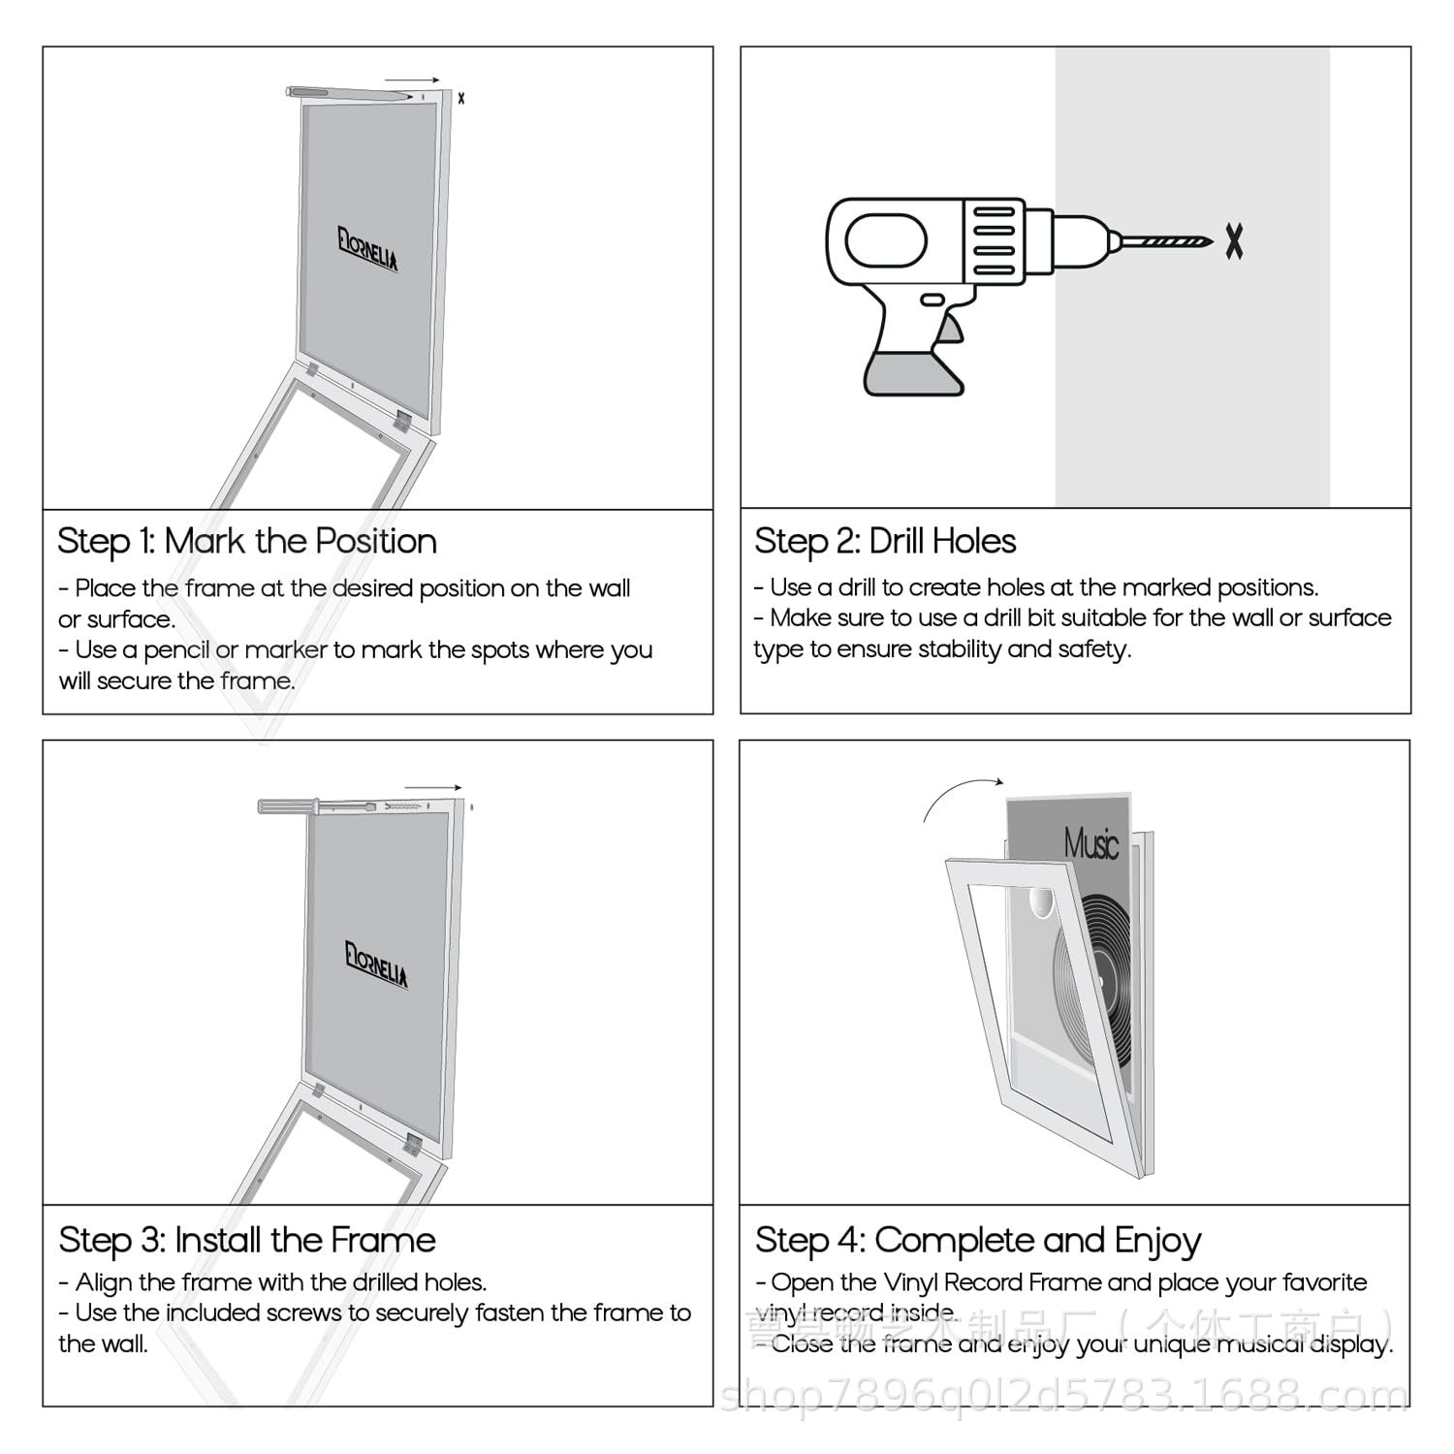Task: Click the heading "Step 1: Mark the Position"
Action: [x=247, y=541]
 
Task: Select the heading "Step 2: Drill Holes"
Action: [x=885, y=541]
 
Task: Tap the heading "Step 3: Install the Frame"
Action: [x=247, y=1240]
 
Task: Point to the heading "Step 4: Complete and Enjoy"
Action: [x=978, y=1240]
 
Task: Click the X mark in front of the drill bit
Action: [x=1233, y=240]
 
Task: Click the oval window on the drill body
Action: [x=886, y=238]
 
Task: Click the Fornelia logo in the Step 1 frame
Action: [x=368, y=249]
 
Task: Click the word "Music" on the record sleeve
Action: [x=1090, y=843]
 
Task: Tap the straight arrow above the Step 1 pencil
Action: [x=412, y=80]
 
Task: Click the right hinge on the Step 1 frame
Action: [x=402, y=420]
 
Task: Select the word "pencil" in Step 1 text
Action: [x=176, y=650]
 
